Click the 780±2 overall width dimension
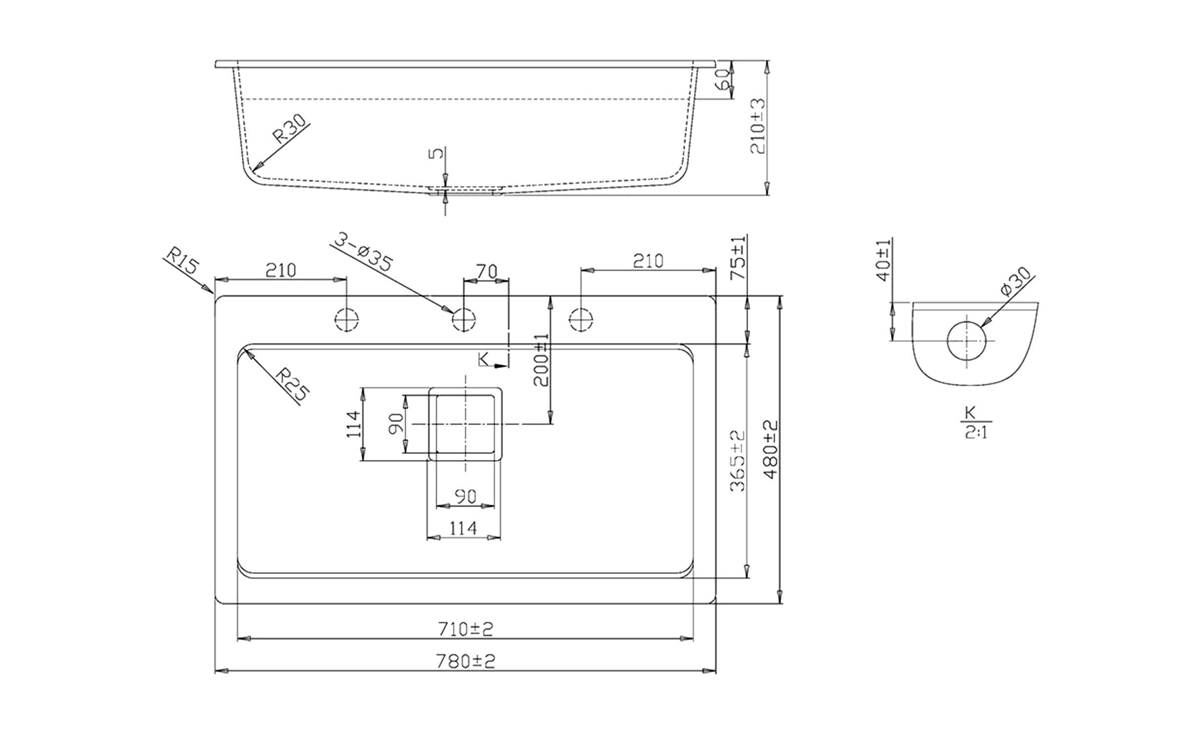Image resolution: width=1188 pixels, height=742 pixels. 465,661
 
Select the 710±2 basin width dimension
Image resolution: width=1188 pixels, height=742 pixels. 466,629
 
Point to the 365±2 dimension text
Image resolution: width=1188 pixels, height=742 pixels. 738,461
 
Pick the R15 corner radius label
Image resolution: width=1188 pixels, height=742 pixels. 182,261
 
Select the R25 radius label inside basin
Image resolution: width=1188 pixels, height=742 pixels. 293,384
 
